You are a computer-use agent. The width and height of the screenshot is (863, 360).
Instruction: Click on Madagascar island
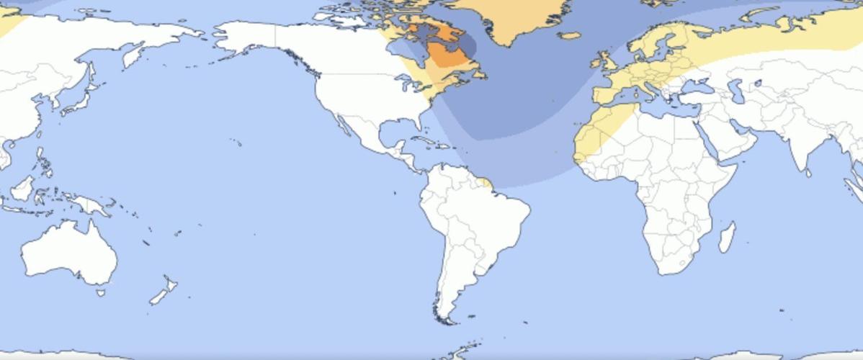[x=728, y=238]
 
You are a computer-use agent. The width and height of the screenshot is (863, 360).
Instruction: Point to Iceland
[x=569, y=35]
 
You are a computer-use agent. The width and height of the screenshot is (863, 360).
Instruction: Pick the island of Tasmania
[x=101, y=292]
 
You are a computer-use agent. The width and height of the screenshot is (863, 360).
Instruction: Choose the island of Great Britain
[x=607, y=61]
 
